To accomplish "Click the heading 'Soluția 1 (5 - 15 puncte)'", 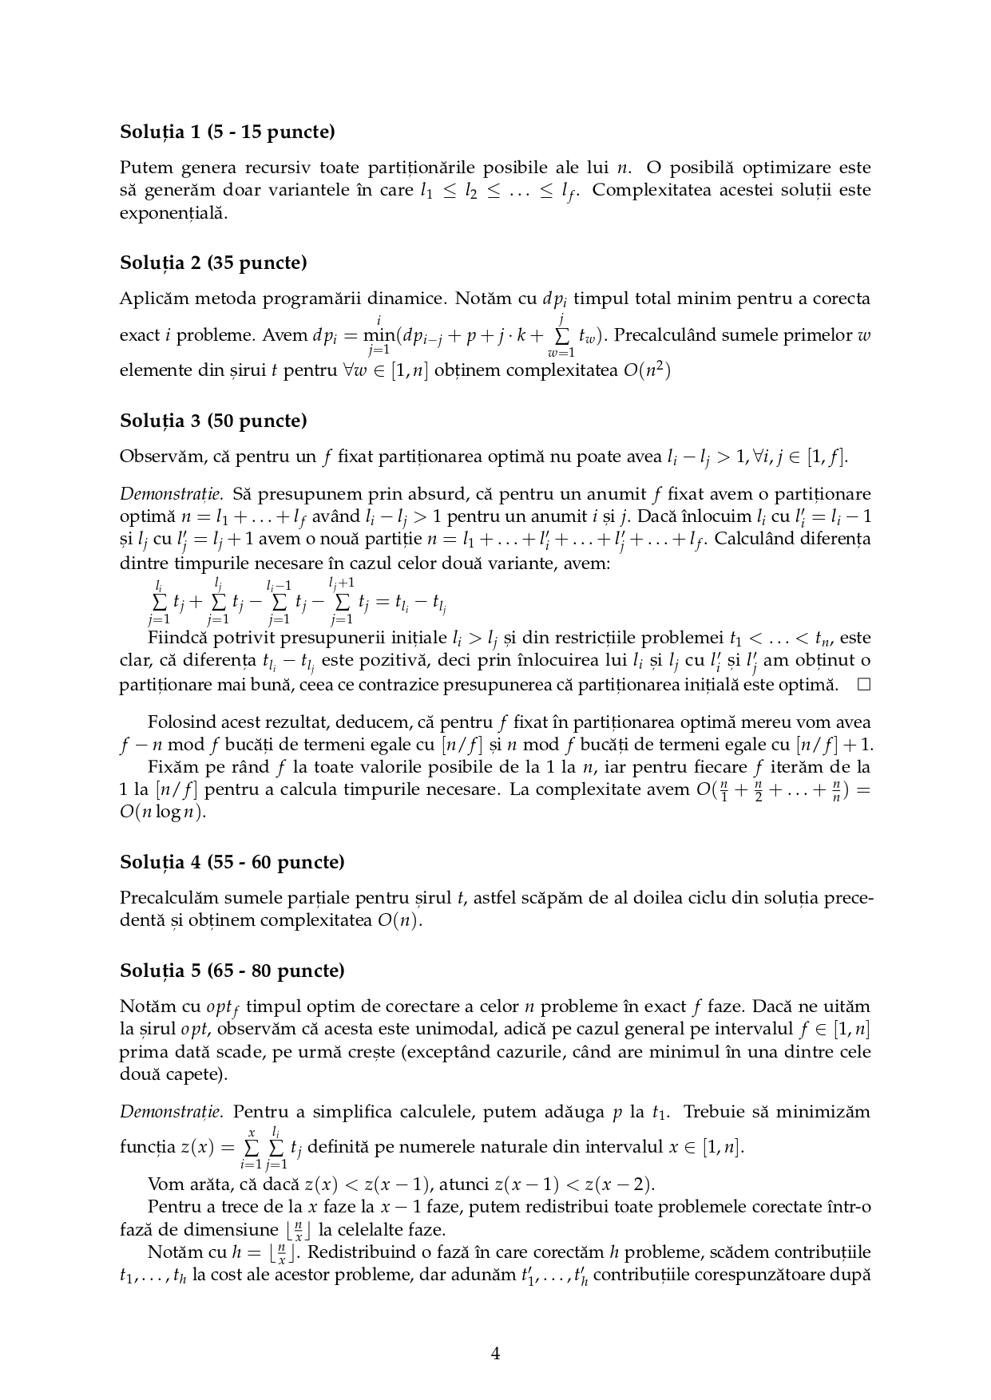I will pyautogui.click(x=227, y=132).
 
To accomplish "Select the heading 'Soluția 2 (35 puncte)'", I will pyautogui.click(x=213, y=263).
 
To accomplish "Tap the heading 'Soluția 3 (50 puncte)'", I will pyautogui.click(x=213, y=421).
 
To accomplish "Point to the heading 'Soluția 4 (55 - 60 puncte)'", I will pyautogui.click(x=232, y=862).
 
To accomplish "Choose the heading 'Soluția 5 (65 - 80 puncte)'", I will pyautogui.click(x=232, y=971).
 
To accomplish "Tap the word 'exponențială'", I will pyautogui.click(x=173, y=213).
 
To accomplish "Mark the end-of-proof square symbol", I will pyautogui.click(x=862, y=684).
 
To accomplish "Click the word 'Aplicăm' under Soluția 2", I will pyautogui.click(x=149, y=299).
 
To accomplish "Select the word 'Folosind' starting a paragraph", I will pyautogui.click(x=177, y=722).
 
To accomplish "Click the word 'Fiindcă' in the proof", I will pyautogui.click(x=174, y=639).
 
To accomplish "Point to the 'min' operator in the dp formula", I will pyautogui.click(x=379, y=335).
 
